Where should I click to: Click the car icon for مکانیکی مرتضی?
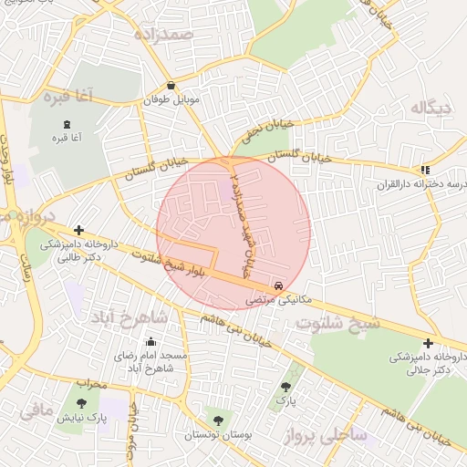278,285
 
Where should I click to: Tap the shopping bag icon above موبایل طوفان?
171,86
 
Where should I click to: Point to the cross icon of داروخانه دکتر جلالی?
428,343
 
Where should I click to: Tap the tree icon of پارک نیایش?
82,402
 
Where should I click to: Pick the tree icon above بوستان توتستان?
217,420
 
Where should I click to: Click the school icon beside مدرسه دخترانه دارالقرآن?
424,170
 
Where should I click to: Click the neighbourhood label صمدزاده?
164,35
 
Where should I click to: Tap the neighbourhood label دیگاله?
431,109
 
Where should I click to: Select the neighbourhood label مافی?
36,410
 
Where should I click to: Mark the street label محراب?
90,383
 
